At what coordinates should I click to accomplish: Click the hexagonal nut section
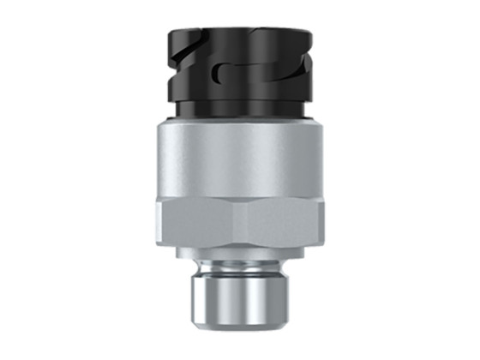tap(239, 220)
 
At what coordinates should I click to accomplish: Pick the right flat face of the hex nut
tap(288, 221)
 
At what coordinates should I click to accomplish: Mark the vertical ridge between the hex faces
tap(234, 221)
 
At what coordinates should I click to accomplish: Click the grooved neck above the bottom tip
tap(239, 267)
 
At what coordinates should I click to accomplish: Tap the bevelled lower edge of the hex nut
tap(239, 244)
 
